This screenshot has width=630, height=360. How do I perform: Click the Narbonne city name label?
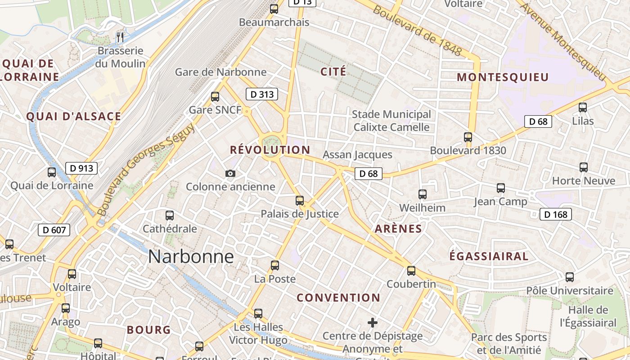[x=191, y=256]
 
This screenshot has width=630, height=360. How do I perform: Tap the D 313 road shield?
[x=261, y=94]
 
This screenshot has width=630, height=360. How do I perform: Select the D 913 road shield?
[x=81, y=169]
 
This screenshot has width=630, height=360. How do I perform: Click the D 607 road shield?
[x=54, y=230]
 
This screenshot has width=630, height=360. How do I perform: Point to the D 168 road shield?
[x=556, y=215]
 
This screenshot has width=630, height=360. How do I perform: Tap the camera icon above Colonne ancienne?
[x=230, y=173]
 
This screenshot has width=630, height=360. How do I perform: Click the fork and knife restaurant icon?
[x=120, y=37]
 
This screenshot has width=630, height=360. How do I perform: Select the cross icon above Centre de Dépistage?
[x=373, y=323]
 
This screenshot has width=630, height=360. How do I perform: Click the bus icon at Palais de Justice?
[x=300, y=201]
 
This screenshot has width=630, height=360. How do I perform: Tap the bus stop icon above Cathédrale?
[x=170, y=216]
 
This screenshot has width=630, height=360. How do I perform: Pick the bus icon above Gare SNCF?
[x=215, y=96]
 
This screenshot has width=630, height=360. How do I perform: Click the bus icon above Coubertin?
[x=411, y=271]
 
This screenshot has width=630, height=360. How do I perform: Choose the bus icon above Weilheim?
[x=423, y=194]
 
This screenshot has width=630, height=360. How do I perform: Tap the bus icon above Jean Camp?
[x=501, y=188]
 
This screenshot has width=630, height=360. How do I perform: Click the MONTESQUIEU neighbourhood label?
[x=503, y=77]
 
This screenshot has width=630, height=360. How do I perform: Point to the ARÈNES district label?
[x=399, y=229]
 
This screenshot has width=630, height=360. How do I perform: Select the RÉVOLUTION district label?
[x=270, y=150]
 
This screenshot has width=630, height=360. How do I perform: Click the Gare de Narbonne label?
[x=220, y=72]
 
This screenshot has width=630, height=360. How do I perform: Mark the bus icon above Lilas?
[x=583, y=108]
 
